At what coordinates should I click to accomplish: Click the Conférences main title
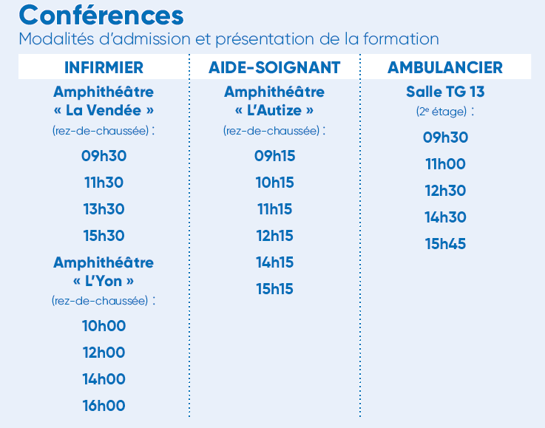[101, 16]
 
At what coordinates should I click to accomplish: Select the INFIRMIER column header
[104, 67]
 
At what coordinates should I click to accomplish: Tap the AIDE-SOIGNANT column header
[274, 67]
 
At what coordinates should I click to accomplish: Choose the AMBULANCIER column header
[445, 67]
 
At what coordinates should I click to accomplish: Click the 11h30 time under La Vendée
[104, 183]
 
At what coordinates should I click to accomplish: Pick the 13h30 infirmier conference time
[104, 209]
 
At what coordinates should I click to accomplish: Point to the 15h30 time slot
[104, 236]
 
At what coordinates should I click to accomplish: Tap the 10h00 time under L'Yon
[104, 326]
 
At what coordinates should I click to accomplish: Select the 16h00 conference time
[104, 406]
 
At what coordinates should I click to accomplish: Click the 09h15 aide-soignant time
[274, 156]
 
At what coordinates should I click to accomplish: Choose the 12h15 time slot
[274, 236]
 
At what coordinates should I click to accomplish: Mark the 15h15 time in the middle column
[274, 289]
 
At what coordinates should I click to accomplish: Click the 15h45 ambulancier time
[445, 244]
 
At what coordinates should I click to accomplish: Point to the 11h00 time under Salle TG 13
[445, 164]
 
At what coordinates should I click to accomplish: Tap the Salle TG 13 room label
[445, 92]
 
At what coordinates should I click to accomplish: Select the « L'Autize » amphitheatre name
[274, 110]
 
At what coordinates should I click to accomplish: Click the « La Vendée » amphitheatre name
[104, 110]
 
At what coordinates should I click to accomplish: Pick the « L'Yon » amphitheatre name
[104, 281]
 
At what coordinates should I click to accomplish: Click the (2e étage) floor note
[441, 112]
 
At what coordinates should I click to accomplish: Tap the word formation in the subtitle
[401, 39]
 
